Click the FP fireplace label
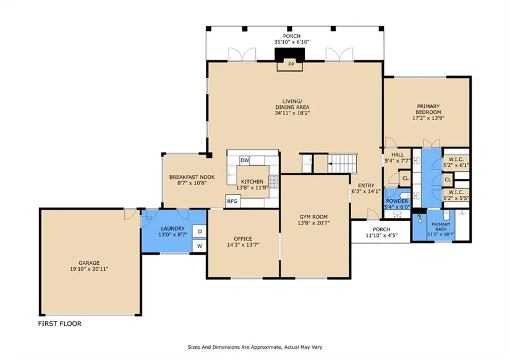pyautogui.click(x=291, y=64)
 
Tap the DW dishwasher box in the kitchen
pyautogui.click(x=245, y=160)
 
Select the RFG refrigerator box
pyautogui.click(x=232, y=201)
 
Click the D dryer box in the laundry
pyautogui.click(x=200, y=231)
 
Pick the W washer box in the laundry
pyautogui.click(x=200, y=246)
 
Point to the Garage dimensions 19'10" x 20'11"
pyautogui.click(x=89, y=269)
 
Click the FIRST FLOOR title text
pyautogui.click(x=60, y=324)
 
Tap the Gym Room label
pyautogui.click(x=313, y=216)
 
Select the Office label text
pyautogui.click(x=243, y=239)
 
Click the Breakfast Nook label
pyautogui.click(x=192, y=177)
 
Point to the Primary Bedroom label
pyautogui.click(x=428, y=109)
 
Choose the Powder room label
pyautogui.click(x=397, y=201)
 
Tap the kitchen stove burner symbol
pyautogui.click(x=274, y=182)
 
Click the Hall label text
pyautogui.click(x=397, y=155)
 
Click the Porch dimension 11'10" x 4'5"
pyautogui.click(x=381, y=235)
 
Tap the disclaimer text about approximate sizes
pyautogui.click(x=255, y=347)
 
